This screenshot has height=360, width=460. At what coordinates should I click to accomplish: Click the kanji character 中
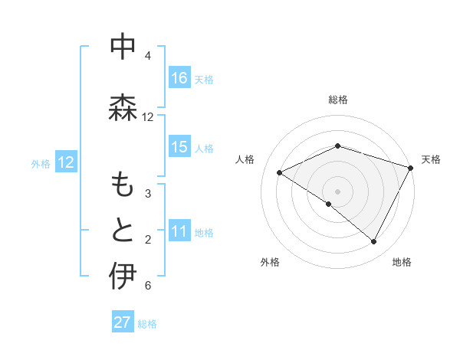coord(123,47)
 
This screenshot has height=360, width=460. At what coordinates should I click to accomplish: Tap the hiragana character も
coord(123,185)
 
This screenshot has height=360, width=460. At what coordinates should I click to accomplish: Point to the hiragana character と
coord(123,230)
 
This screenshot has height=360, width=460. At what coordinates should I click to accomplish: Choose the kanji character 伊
coord(123,277)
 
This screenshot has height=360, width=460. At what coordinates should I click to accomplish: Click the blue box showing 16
coord(179,78)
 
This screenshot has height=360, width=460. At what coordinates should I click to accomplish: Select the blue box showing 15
coord(179,147)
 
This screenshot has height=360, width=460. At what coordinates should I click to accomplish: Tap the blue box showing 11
coord(179,232)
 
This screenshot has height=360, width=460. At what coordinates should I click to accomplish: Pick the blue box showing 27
coord(123,322)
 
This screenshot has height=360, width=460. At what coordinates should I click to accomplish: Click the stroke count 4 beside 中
coord(148,56)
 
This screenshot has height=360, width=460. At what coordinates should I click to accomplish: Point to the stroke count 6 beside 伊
coord(148,286)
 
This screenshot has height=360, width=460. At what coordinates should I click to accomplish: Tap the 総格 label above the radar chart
coord(338,100)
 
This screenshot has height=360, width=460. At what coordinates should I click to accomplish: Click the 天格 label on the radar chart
coord(431,159)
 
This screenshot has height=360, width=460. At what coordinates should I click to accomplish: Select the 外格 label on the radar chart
coord(270,262)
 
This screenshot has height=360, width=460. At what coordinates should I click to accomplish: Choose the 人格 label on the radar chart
coord(245,159)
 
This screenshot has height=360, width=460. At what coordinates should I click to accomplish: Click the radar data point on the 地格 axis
coord(374,241)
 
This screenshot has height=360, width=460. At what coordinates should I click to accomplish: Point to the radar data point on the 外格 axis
coord(329,204)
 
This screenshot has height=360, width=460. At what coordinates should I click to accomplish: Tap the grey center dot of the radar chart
coord(338,191)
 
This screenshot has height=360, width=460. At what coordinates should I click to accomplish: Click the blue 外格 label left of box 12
coord(41,163)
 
